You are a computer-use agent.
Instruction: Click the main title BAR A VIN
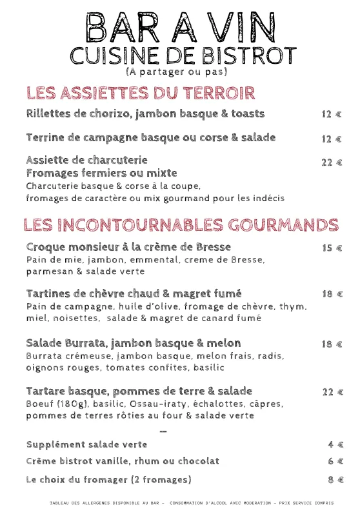[180, 26]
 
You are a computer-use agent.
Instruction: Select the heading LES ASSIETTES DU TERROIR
[141, 93]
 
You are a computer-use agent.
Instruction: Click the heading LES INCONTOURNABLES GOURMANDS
[181, 224]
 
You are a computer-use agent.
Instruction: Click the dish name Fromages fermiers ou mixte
[101, 173]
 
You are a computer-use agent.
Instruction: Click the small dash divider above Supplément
[163, 430]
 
